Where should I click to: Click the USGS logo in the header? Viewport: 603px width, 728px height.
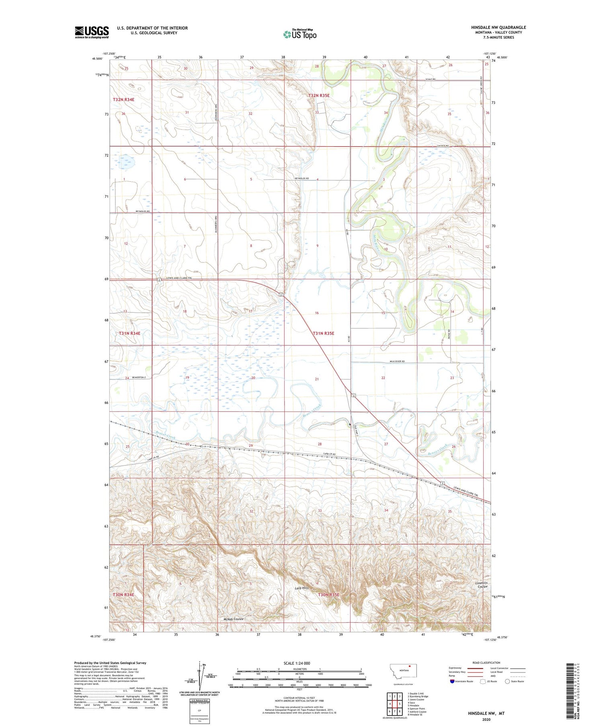point(92,32)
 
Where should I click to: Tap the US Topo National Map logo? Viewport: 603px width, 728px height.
point(299,34)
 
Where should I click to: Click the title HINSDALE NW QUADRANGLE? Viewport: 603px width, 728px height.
point(498,27)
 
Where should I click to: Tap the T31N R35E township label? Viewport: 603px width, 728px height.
point(323,333)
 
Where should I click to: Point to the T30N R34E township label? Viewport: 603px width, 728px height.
point(123,594)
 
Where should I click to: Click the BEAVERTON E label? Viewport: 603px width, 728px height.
point(133,378)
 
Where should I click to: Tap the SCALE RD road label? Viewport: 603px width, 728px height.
point(431,79)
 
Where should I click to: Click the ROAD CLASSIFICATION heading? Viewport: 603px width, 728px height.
point(486,663)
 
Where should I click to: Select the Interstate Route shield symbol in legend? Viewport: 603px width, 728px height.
point(452,681)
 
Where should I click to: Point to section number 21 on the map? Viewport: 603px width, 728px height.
point(317,379)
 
